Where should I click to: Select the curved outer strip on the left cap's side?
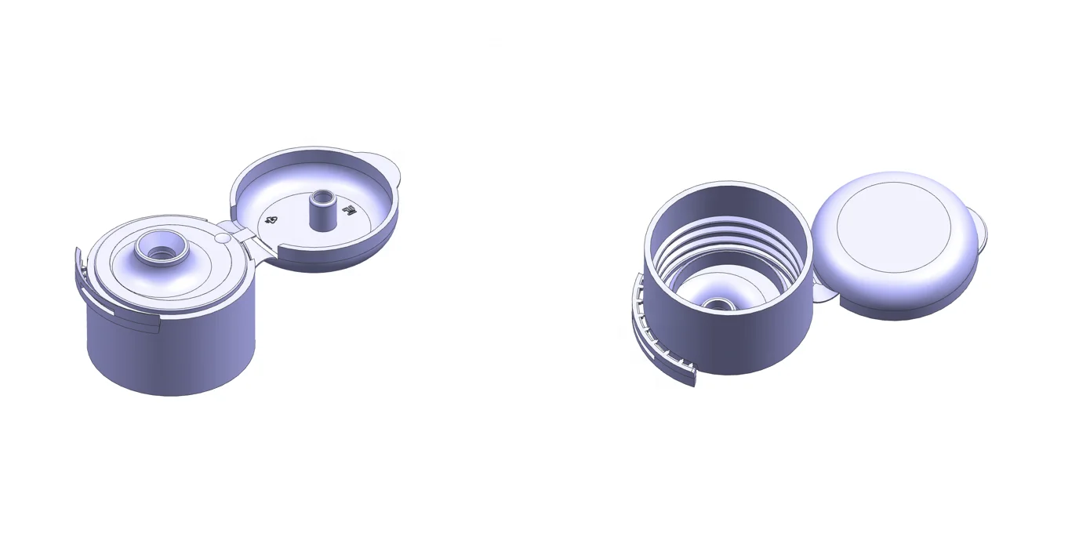[x=118, y=312]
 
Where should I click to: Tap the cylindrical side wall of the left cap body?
[x=173, y=353]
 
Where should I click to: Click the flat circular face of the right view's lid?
[x=893, y=228]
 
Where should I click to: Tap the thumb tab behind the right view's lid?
[x=981, y=228]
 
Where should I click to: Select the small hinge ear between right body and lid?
[x=821, y=294]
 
